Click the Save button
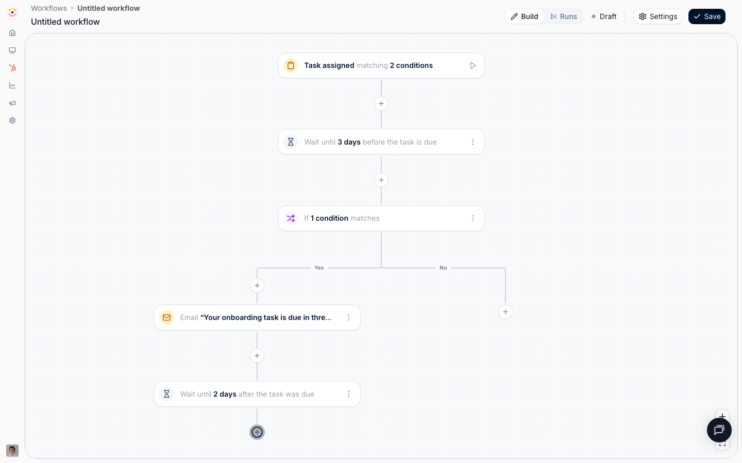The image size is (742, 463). [x=706, y=16]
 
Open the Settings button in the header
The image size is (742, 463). [x=657, y=16]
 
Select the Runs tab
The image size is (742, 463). [x=564, y=16]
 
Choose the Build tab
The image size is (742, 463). [x=525, y=16]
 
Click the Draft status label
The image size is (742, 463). [x=604, y=16]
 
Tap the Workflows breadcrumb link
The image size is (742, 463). [x=48, y=8]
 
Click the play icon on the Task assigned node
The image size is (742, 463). [x=473, y=65]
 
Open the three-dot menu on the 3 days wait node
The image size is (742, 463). [x=473, y=142]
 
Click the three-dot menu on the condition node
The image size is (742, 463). [x=473, y=218]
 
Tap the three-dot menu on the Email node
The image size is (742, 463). [x=348, y=317]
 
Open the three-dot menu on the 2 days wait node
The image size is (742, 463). [x=348, y=394]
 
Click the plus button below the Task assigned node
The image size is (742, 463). [x=381, y=104]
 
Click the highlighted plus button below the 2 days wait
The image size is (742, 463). [x=257, y=432]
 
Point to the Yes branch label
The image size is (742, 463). [x=319, y=268]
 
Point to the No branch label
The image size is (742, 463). [x=443, y=268]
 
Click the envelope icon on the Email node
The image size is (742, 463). [x=166, y=317]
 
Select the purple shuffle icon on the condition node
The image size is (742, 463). [x=291, y=218]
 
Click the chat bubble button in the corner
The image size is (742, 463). [x=719, y=430]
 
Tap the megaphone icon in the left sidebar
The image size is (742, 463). [x=12, y=103]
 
